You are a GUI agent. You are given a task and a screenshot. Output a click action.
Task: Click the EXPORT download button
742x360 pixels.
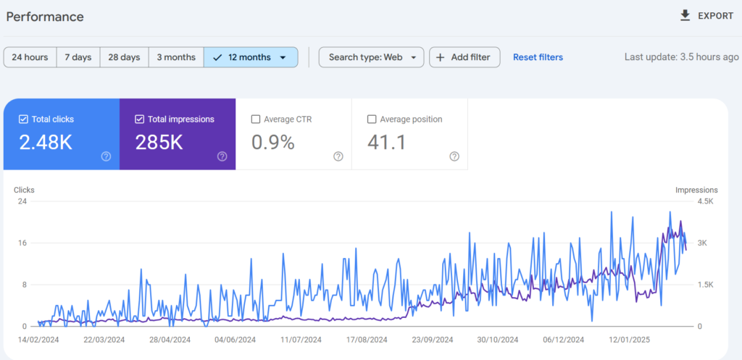pyautogui.click(x=706, y=16)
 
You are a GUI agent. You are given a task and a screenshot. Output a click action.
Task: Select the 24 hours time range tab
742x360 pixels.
pyautogui.click(x=30, y=57)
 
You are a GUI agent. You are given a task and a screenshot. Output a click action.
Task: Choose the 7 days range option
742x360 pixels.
pyautogui.click(x=78, y=57)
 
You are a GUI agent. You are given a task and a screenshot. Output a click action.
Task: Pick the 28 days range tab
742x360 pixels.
pyautogui.click(x=124, y=57)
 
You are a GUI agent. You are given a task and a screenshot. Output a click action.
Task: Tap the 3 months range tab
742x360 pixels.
pyautogui.click(x=176, y=57)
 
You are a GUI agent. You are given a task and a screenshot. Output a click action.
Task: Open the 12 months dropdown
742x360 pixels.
pyautogui.click(x=251, y=57)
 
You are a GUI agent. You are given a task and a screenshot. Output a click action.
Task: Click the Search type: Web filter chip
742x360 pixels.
pyautogui.click(x=372, y=57)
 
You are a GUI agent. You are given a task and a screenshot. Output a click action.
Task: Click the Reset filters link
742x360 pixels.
pyautogui.click(x=538, y=57)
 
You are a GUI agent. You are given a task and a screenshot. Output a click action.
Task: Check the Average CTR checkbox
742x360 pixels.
pyautogui.click(x=256, y=120)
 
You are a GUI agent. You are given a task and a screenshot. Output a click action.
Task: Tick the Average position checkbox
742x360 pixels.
pyautogui.click(x=372, y=120)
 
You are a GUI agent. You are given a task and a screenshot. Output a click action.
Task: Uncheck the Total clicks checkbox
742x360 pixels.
pyautogui.click(x=23, y=120)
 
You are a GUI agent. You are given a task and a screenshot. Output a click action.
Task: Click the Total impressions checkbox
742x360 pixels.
pyautogui.click(x=139, y=120)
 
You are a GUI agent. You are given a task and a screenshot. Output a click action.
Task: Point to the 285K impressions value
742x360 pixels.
pyautogui.click(x=159, y=143)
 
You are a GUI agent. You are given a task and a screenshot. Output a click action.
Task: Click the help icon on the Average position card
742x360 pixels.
pyautogui.click(x=454, y=156)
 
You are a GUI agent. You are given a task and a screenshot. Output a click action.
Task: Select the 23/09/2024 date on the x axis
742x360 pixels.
pyautogui.click(x=433, y=340)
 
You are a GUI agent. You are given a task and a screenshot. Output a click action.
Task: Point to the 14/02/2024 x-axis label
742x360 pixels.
pyautogui.click(x=38, y=340)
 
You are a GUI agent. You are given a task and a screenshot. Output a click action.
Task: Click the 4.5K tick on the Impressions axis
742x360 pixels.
pyautogui.click(x=705, y=201)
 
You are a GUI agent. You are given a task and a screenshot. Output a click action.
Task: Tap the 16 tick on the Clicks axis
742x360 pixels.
pyautogui.click(x=22, y=243)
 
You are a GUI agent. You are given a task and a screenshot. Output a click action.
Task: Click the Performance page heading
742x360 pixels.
pyautogui.click(x=45, y=17)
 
